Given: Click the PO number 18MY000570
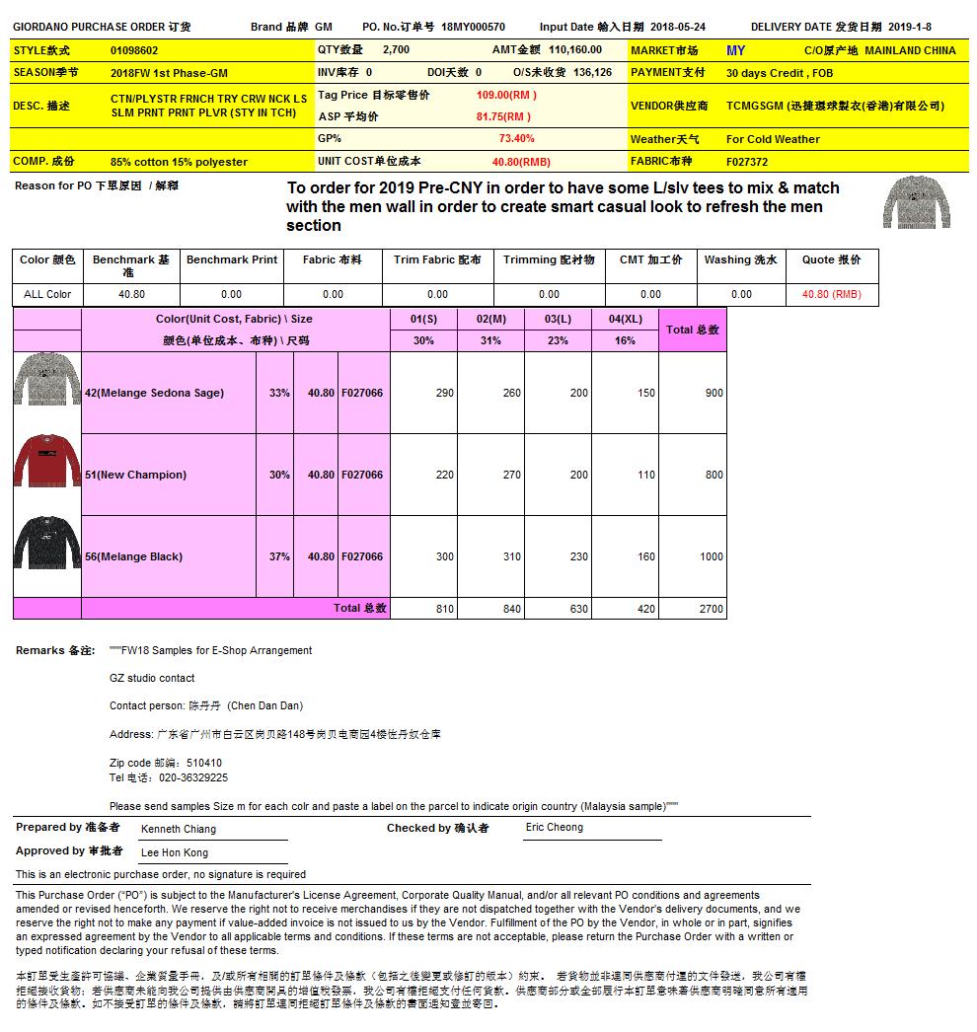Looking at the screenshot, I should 473,28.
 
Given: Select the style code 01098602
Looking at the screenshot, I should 134,50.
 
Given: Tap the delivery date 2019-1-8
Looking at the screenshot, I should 909,28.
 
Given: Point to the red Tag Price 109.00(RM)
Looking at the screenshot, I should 506,95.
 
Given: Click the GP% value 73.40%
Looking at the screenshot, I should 516,139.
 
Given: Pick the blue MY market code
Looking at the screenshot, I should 735,50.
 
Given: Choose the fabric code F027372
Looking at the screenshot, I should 748,162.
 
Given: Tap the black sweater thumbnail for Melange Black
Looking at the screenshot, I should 46,544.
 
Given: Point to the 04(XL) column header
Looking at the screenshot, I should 625,319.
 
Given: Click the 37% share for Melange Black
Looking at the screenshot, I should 279,556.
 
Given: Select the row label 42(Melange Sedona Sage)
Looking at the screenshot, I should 154,393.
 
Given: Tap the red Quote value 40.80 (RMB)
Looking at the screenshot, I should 831,294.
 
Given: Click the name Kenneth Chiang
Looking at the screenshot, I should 179,830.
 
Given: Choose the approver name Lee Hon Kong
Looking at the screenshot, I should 175,853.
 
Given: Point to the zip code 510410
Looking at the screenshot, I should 203,763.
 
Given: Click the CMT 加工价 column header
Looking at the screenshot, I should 650,260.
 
